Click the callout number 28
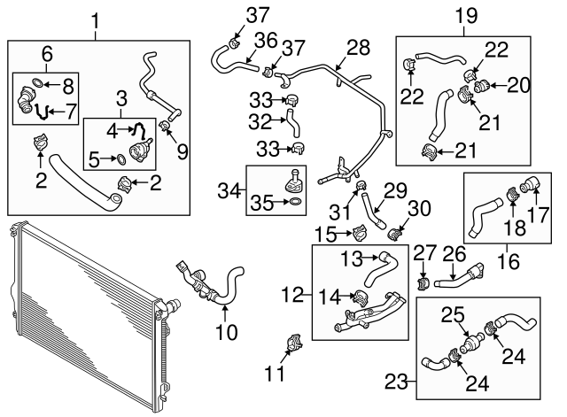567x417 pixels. (x=358, y=46)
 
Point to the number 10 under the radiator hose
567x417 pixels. (x=227, y=333)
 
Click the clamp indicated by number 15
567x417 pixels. (x=360, y=234)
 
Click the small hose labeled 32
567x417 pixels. (x=288, y=119)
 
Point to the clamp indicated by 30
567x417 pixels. (x=396, y=235)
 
